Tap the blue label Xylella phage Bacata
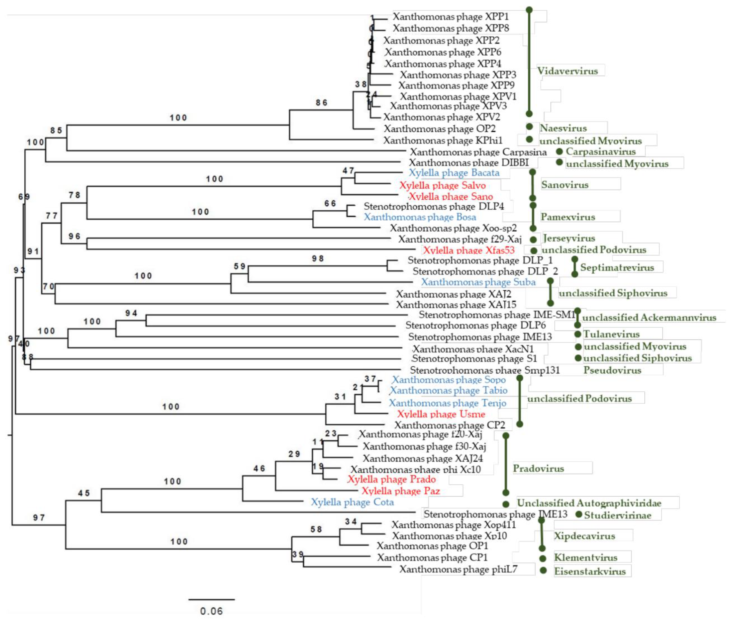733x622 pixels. [454, 173]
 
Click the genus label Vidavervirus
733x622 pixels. [567, 71]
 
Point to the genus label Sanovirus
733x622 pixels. [565, 185]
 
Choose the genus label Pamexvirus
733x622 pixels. [568, 217]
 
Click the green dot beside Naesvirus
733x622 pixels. [529, 127]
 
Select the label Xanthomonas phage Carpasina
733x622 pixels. [478, 152]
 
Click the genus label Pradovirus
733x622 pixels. [538, 469]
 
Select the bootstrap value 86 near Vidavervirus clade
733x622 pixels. [321, 103]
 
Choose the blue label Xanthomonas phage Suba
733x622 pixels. [478, 282]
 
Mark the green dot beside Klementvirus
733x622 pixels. [543, 558]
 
